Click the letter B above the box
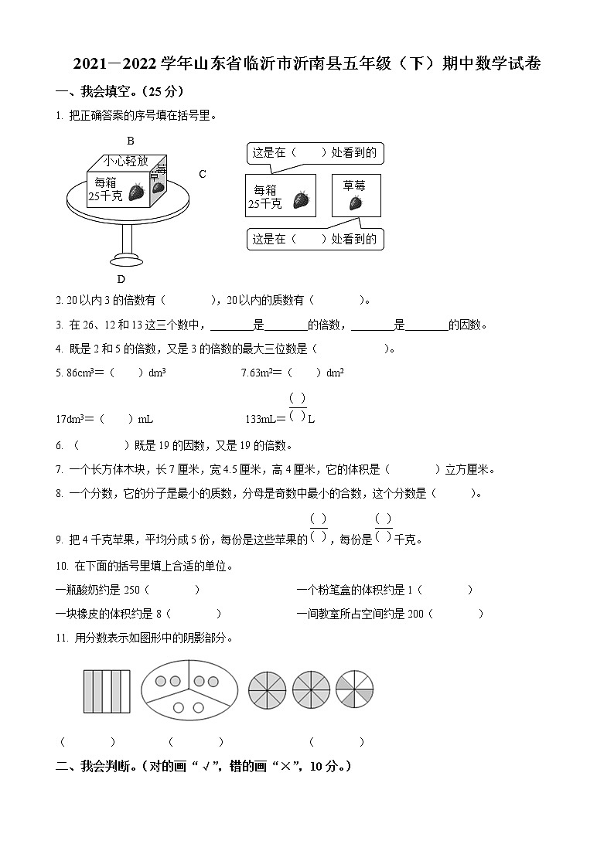[x=131, y=141]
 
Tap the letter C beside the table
[x=203, y=174]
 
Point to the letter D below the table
[x=121, y=279]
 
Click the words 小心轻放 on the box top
[x=126, y=162]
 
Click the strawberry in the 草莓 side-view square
[x=355, y=203]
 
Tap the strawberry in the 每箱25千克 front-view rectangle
[x=301, y=200]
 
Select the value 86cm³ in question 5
[x=74, y=372]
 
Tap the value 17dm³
[x=72, y=419]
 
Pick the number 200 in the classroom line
[x=415, y=614]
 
